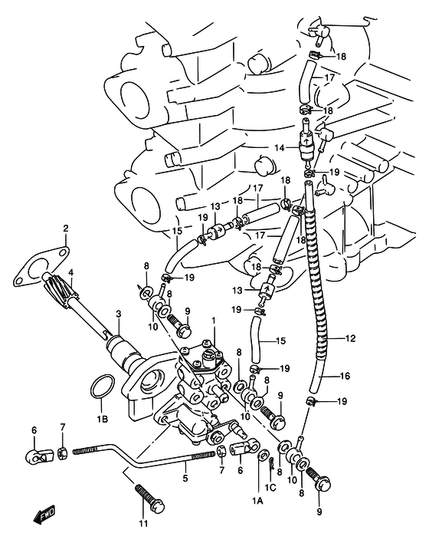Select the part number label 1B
pyautogui.click(x=103, y=420)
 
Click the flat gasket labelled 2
pyautogui.click(x=41, y=265)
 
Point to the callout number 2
pyautogui.click(x=66, y=229)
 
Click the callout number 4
pyautogui.click(x=71, y=272)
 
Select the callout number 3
pyautogui.click(x=119, y=314)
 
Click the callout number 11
pyautogui.click(x=143, y=523)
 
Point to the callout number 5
pyautogui.click(x=185, y=479)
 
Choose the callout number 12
pyautogui.click(x=350, y=338)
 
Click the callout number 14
pyautogui.click(x=280, y=148)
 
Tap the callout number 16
pyautogui.click(x=345, y=376)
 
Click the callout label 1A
pyautogui.click(x=257, y=501)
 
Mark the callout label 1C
pyautogui.click(x=270, y=488)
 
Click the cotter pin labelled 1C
pyautogui.click(x=272, y=463)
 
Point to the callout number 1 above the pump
pyautogui.click(x=214, y=321)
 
